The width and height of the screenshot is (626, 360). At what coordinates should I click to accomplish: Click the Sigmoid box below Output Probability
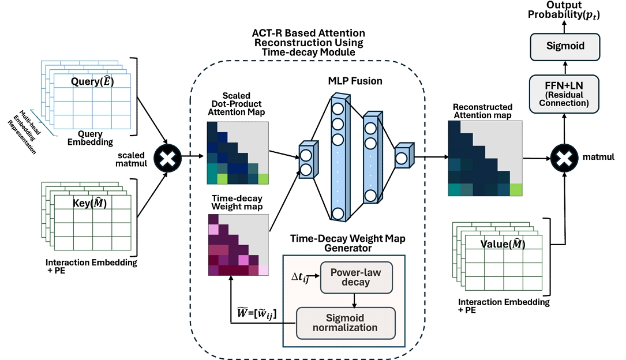pos(565,47)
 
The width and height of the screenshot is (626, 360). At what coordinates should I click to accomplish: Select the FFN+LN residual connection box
pos(564,94)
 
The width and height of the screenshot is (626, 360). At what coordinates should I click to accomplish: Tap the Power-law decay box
pos(356,277)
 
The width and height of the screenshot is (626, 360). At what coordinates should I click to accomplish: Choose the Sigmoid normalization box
pos(346,323)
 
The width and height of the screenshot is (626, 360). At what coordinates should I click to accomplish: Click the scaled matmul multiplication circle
pos(168,158)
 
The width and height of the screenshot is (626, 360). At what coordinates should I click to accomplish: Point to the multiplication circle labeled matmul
pos(564,158)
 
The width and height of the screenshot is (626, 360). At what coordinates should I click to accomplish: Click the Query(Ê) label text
pos(92,81)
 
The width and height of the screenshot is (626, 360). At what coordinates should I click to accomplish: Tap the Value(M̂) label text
pos(503,243)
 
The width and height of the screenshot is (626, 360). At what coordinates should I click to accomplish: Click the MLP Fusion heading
pos(355,81)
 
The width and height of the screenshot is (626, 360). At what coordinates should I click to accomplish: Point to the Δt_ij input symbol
pos(300,277)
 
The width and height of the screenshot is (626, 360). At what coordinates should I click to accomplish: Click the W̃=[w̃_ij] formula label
pos(257,313)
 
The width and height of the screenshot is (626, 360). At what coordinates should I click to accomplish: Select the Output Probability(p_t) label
pos(564,10)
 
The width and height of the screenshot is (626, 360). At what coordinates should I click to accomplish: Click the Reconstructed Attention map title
pos(482,111)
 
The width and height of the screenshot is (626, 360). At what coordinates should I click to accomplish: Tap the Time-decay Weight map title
pos(237,202)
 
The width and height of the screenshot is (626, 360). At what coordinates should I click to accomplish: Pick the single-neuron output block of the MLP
pos(404,156)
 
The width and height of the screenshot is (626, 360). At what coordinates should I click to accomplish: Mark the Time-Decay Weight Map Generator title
pos(348,243)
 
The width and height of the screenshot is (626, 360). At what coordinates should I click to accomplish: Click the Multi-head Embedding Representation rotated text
pos(25,132)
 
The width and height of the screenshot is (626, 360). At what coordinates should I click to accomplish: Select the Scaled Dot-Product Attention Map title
pos(237,104)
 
